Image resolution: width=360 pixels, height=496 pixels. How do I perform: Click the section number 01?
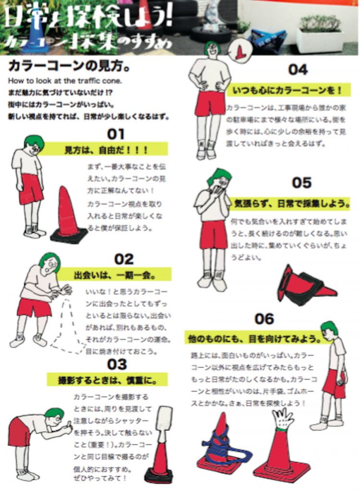pyautogui.click(x=116, y=133)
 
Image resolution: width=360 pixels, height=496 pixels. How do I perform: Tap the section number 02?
pyautogui.click(x=124, y=259)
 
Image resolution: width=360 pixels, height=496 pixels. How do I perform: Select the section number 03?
pyautogui.click(x=116, y=364)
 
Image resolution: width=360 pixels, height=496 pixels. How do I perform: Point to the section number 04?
pyautogui.click(x=298, y=70)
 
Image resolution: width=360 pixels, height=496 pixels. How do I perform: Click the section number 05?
pyautogui.click(x=301, y=182)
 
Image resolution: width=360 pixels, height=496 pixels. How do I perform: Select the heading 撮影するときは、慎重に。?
pyautogui.click(x=109, y=380)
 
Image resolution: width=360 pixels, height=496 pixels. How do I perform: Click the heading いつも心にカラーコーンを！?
pyautogui.click(x=288, y=90)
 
